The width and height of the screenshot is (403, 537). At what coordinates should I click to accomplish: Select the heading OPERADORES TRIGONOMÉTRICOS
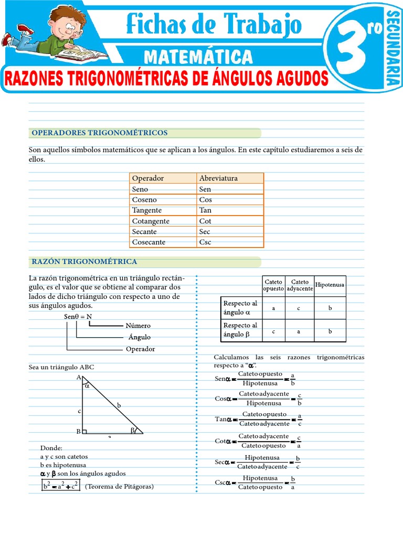coord(100,133)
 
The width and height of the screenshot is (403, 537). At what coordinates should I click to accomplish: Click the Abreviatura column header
coord(218,178)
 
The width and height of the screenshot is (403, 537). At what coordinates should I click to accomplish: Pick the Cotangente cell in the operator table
coord(151,221)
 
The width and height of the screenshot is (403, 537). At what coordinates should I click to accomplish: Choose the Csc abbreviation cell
coord(205,242)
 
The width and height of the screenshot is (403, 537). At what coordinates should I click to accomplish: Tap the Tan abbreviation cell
coord(205,210)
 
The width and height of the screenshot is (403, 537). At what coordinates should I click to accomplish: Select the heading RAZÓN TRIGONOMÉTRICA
coord(84,261)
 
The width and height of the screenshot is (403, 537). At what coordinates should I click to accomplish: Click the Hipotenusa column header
coord(330,285)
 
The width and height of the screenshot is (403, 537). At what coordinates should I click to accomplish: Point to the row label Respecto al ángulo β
coord(240,330)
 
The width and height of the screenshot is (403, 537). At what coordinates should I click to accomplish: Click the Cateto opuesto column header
coord(273,285)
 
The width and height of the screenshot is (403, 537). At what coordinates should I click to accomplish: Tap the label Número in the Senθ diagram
coord(138,326)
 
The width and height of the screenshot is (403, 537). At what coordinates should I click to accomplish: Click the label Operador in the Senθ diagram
coord(140,349)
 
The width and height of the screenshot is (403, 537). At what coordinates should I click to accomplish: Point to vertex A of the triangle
coord(79,377)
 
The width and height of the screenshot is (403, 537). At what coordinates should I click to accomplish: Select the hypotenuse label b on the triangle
coord(119,405)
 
